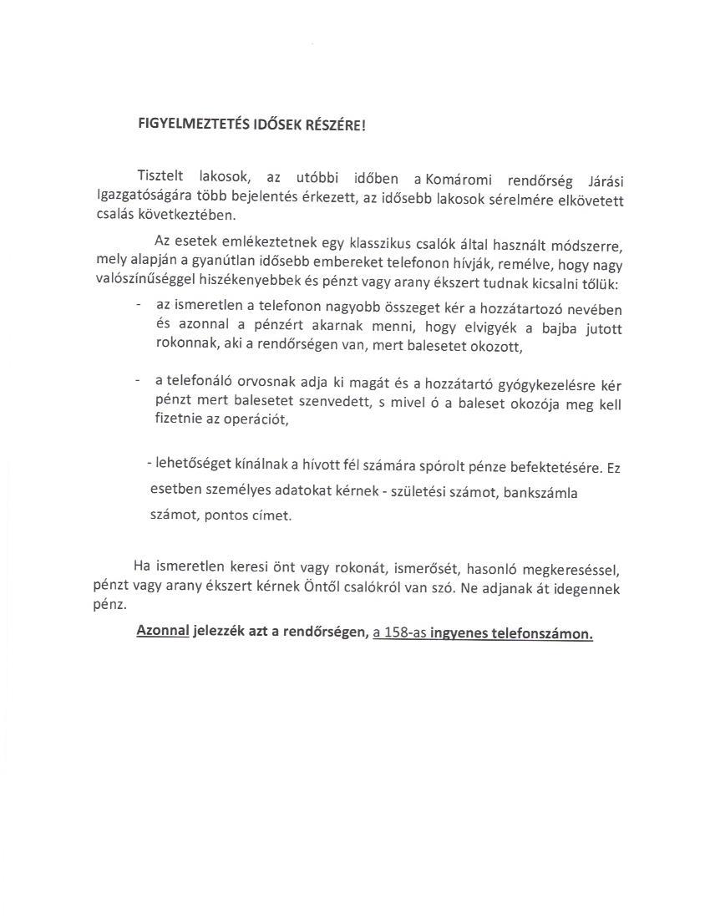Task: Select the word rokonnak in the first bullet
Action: (182, 345)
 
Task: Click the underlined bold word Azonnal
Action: (163, 632)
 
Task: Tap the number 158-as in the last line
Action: (400, 633)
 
